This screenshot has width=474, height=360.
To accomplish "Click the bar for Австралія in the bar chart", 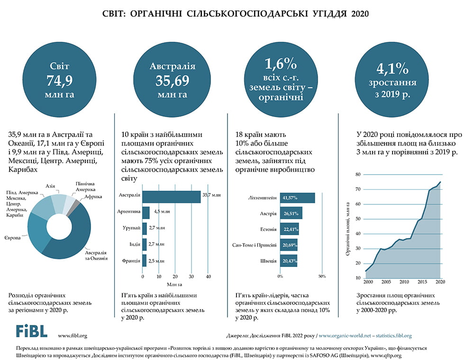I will click(171, 196).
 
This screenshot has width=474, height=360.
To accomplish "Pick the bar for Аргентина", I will click(146, 212).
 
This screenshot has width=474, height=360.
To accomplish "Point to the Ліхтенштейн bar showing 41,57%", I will click(298, 197).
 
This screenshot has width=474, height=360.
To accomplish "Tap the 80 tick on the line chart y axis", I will click(358, 175).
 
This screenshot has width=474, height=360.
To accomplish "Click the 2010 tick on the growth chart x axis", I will click(404, 282).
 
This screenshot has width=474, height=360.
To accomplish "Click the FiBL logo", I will click(32, 331).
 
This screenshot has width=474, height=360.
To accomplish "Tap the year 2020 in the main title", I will click(361, 14).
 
